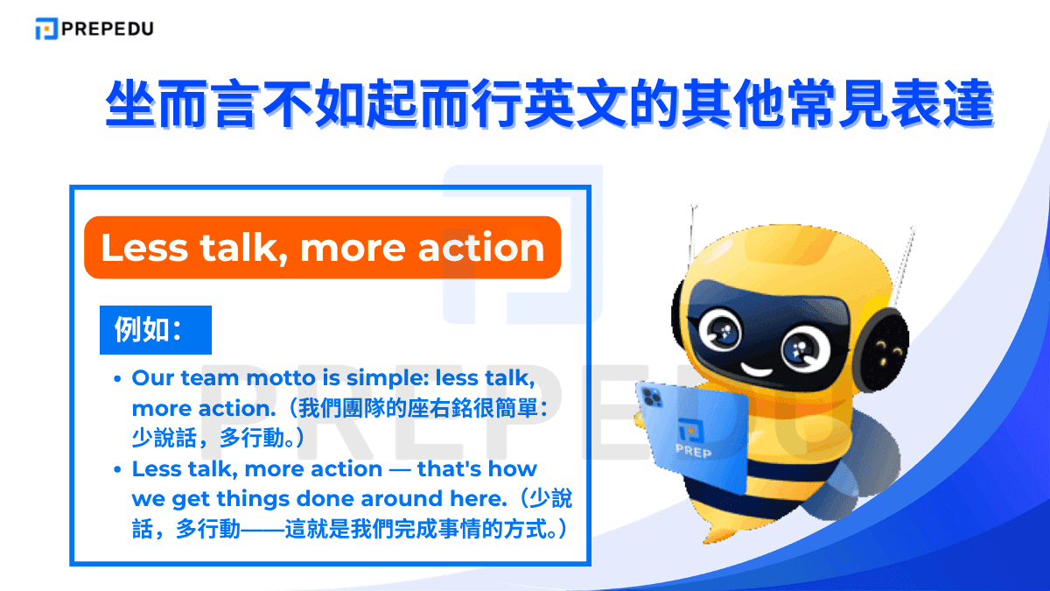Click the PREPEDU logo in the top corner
[94, 29]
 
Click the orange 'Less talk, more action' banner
[322, 248]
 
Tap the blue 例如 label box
[156, 330]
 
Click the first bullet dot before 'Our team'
[117, 379]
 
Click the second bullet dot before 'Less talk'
[117, 470]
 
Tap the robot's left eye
[725, 331]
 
